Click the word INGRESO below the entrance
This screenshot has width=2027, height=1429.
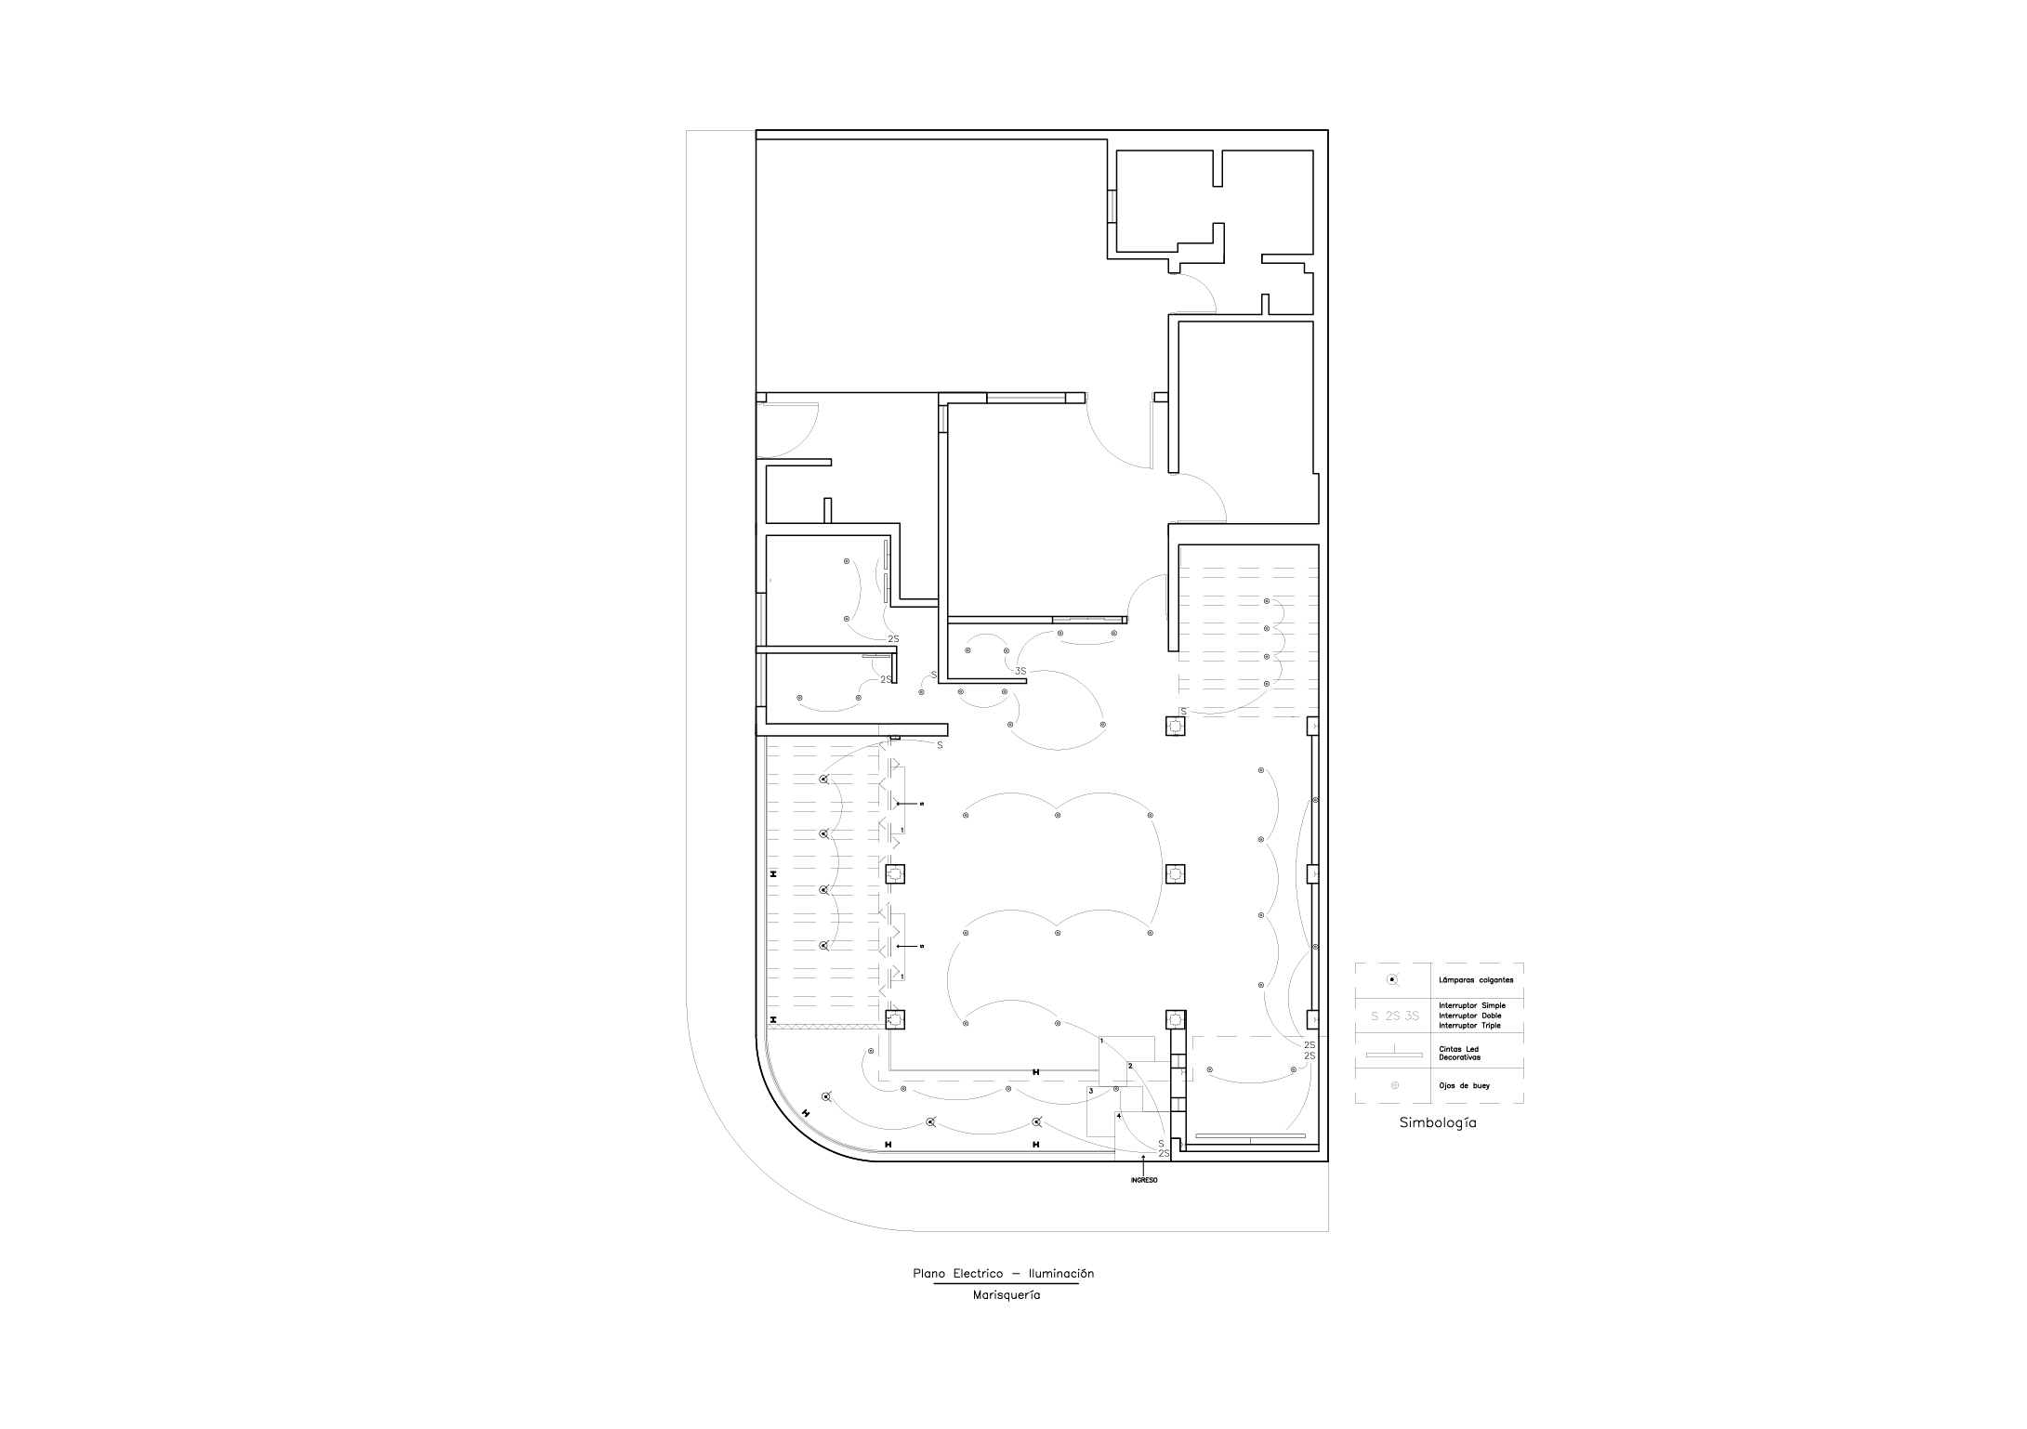[x=1144, y=1181]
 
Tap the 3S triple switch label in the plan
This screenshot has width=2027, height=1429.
[x=1020, y=671]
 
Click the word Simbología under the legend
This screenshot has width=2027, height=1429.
[x=1438, y=1122]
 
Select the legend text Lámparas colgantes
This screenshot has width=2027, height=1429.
[x=1476, y=980]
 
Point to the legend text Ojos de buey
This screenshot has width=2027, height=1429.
[x=1464, y=1085]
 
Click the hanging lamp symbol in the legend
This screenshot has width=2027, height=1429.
[x=1391, y=980]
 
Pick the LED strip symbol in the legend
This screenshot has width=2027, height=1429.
[x=1393, y=1055]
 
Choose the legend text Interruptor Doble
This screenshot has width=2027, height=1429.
[x=1469, y=1016]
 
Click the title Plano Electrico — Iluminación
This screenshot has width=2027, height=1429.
[x=1003, y=1274]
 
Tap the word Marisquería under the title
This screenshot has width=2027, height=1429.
[x=1007, y=1295]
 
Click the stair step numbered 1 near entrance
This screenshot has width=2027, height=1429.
[x=1101, y=1042]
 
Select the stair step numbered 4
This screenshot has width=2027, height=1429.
[x=1119, y=1116]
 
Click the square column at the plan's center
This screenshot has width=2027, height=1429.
[x=1176, y=874]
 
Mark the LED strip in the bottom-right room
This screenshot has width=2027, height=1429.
[x=1251, y=1135]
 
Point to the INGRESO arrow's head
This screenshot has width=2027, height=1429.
[x=1143, y=1158]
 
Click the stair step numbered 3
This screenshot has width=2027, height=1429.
[x=1091, y=1091]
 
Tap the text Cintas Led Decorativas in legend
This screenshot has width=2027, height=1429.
[x=1459, y=1054]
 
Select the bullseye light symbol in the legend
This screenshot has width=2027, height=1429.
[x=1393, y=1085]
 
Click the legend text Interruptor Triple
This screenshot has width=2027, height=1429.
[x=1469, y=1026]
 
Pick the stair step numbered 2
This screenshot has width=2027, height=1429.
[x=1130, y=1066]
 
